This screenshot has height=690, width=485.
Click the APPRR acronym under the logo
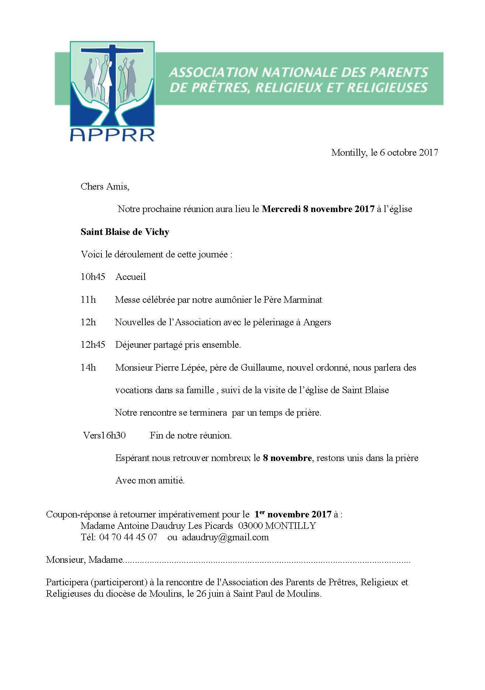click(x=112, y=135)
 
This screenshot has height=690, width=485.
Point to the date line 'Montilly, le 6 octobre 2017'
click(x=384, y=152)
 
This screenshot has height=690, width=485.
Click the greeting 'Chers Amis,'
click(x=105, y=187)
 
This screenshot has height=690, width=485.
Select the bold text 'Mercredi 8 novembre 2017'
click(x=318, y=209)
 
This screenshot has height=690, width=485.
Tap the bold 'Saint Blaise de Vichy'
click(x=125, y=232)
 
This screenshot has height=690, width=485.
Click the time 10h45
click(x=93, y=277)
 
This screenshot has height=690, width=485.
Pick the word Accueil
click(x=131, y=277)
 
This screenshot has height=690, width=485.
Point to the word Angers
click(x=317, y=323)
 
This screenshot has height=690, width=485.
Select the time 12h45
click(x=93, y=345)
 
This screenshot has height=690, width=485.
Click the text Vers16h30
click(x=104, y=436)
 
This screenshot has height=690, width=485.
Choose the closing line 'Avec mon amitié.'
click(x=150, y=481)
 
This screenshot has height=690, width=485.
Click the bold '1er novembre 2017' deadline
click(x=292, y=514)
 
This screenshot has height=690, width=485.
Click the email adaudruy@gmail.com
click(x=225, y=537)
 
